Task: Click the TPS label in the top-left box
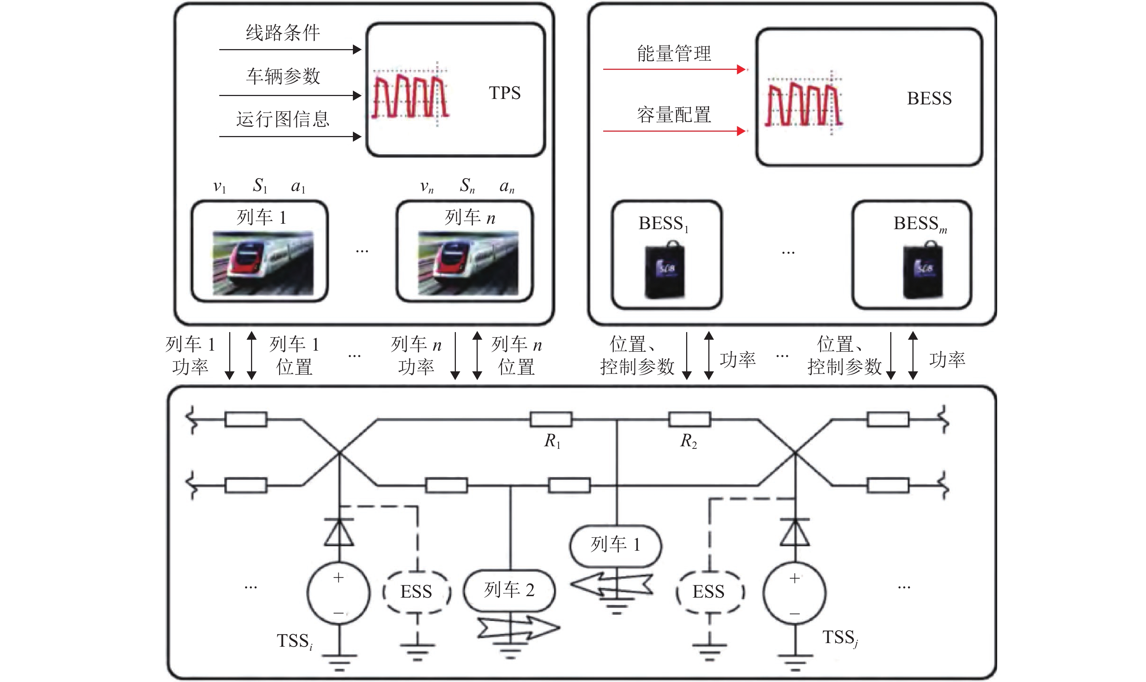504,93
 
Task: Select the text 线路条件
283,33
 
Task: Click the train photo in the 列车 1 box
263,263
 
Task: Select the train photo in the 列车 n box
468,263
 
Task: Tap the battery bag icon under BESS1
665,271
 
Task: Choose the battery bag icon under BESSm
923,271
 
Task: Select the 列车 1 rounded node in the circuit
616,545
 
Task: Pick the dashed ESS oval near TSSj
709,592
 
